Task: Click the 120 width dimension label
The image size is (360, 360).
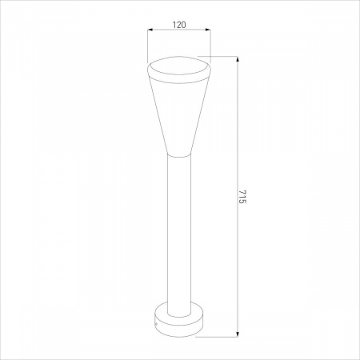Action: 179,25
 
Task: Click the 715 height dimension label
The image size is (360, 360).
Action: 242,197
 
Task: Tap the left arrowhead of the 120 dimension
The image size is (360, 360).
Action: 150,30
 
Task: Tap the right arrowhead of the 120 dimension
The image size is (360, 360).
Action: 208,30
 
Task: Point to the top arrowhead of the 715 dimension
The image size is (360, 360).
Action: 238,59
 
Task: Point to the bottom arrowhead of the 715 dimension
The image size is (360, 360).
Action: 238,334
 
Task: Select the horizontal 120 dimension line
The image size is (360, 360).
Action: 179,30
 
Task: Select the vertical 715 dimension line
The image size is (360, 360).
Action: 238,197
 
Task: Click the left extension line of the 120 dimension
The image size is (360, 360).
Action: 148,46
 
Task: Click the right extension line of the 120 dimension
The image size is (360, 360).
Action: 210,46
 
